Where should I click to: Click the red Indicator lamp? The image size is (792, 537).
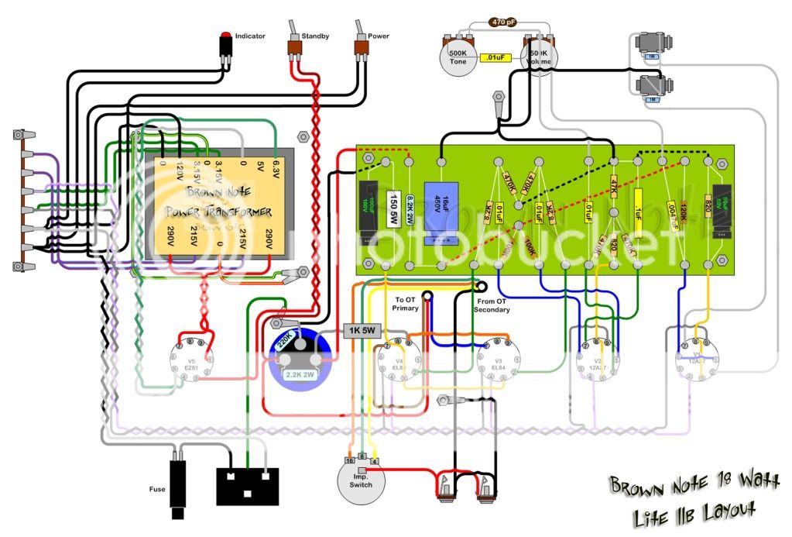tap(225, 36)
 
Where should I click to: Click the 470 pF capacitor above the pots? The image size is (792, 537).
tap(503, 22)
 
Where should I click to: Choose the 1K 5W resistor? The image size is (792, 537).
tap(362, 331)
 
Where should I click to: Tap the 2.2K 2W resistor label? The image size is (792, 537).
tap(300, 375)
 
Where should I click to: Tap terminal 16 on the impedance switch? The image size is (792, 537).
tap(348, 460)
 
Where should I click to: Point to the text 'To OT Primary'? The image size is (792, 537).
tap(406, 304)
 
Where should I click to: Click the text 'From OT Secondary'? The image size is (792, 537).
tap(492, 305)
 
